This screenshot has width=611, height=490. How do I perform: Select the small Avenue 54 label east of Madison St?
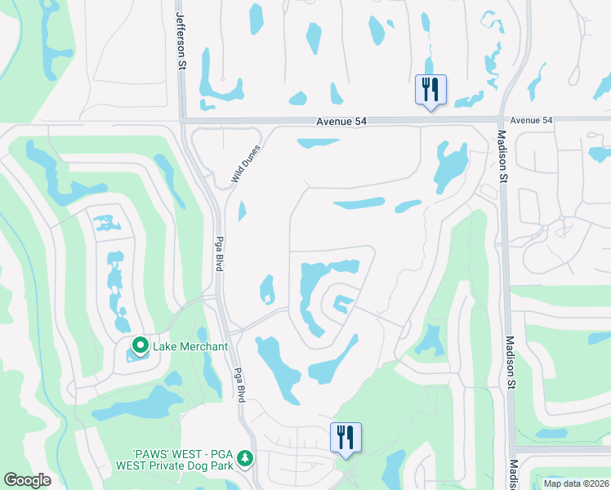[531, 120]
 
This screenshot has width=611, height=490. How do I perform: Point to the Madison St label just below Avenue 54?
[503, 156]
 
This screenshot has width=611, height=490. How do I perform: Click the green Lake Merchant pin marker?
[140, 346]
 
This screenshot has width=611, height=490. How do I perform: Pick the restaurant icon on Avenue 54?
[430, 88]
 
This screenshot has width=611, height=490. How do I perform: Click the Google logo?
[28, 480]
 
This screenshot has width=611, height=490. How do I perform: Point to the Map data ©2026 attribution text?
[576, 483]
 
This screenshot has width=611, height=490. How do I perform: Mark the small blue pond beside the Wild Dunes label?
[242, 212]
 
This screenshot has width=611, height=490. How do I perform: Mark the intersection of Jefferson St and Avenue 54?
[181, 121]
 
